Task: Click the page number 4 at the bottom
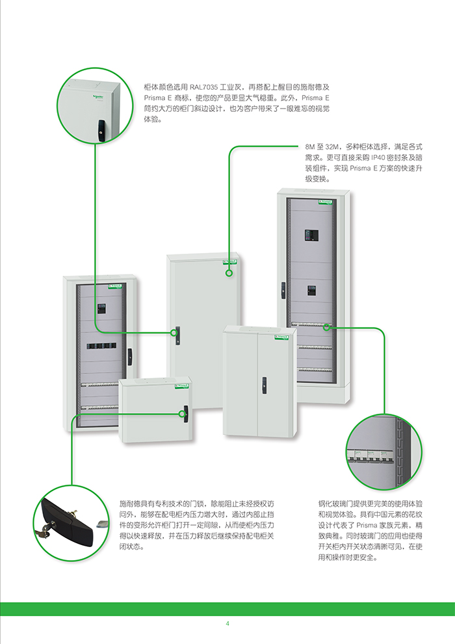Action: (227, 624)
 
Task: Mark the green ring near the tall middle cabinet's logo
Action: (229, 273)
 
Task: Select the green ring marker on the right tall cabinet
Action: (327, 327)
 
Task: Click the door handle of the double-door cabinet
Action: (264, 386)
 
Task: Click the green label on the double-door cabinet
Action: (281, 336)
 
